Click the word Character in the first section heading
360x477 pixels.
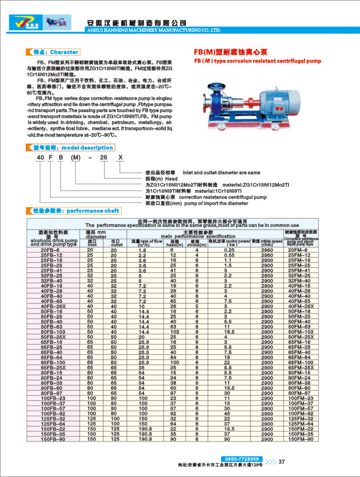(x=64, y=52)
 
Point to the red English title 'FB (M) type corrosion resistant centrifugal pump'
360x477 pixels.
(x=257, y=61)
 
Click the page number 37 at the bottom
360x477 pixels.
(x=281, y=461)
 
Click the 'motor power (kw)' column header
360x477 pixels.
(x=229, y=242)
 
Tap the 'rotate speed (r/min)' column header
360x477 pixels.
(x=267, y=242)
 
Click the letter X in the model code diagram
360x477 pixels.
(x=121, y=158)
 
